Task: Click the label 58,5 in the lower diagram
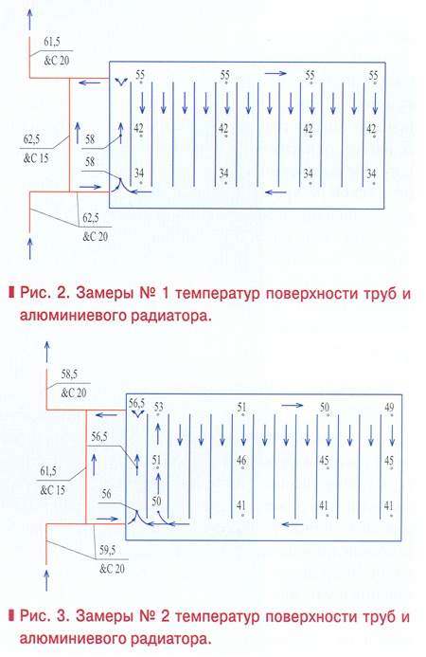[x=69, y=374]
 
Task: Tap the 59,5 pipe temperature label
[x=107, y=551]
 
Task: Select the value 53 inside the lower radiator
[x=159, y=407]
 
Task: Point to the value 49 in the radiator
[x=389, y=407]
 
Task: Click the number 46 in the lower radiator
[x=241, y=460]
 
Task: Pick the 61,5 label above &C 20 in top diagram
[x=52, y=42]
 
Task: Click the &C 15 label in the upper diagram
[x=36, y=158]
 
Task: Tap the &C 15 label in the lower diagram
[x=53, y=489]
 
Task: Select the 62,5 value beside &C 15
[x=32, y=139]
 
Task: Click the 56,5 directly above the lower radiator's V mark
[x=136, y=404]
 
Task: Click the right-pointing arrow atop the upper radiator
[x=275, y=74]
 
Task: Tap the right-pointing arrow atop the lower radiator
[x=293, y=405]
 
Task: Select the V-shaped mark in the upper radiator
[x=120, y=82]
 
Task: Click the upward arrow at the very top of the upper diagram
[x=29, y=20]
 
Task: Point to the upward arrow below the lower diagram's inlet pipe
[x=46, y=579]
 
